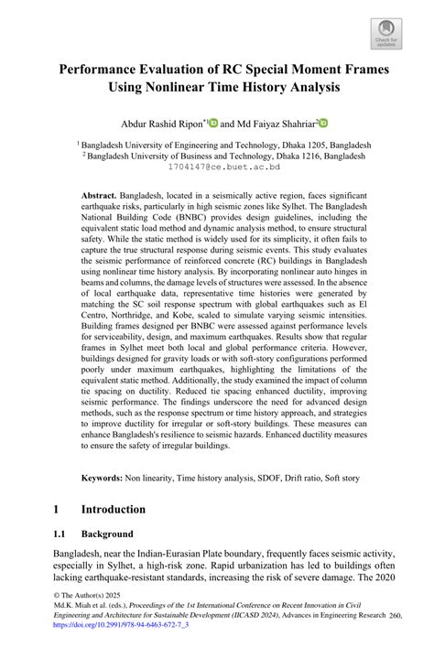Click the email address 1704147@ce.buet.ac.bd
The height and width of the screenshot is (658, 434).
(x=217, y=167)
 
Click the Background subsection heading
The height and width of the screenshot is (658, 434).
(x=108, y=534)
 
